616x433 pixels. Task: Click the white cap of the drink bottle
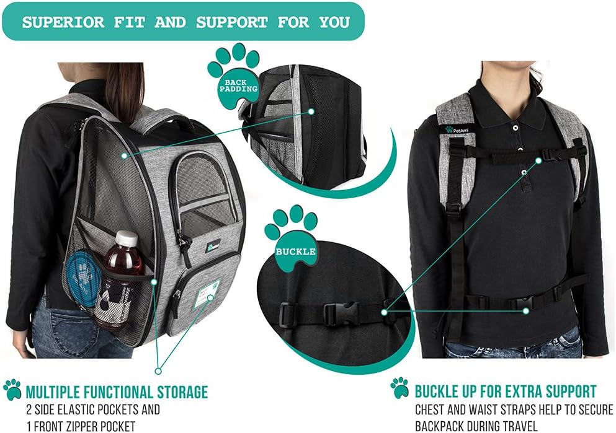pyautogui.click(x=127, y=238)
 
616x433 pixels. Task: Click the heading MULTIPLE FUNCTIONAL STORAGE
pyautogui.click(x=116, y=392)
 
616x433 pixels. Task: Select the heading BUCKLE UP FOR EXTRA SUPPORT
pyautogui.click(x=506, y=391)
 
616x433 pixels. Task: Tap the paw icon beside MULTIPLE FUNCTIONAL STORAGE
pyautogui.click(x=12, y=390)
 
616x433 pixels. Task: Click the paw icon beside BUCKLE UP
pyautogui.click(x=400, y=388)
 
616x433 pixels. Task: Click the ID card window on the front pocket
pyautogui.click(x=206, y=292)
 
